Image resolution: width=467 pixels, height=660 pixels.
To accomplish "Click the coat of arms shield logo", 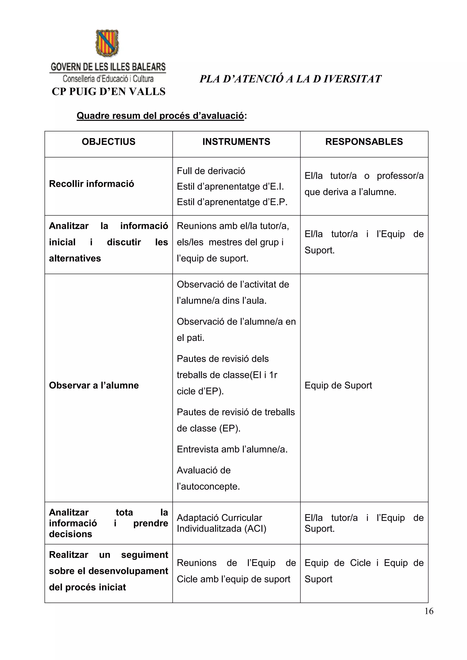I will point(107,43).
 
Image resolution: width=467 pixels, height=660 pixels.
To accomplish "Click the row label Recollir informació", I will point(91,184).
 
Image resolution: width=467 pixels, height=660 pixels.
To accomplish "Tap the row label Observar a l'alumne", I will point(94,385).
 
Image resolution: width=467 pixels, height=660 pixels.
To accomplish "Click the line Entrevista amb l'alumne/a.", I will point(232,449).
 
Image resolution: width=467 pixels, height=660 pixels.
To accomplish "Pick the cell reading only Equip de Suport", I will point(338,385).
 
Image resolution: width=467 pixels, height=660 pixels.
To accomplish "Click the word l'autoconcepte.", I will point(208,486).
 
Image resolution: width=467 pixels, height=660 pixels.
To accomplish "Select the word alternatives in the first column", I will point(75,258).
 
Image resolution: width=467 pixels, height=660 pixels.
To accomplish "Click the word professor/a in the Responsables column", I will point(400,176).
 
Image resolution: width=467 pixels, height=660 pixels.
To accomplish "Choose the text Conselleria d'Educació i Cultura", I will point(108,78).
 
